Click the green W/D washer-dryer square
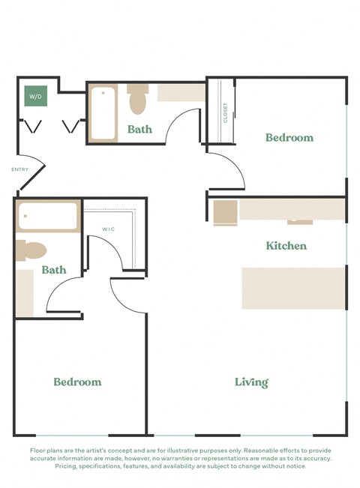click(34, 97)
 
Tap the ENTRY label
click(20, 170)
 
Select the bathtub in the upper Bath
click(103, 113)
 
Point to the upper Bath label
click(139, 129)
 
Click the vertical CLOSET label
click(226, 112)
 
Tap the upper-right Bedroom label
click(289, 138)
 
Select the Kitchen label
click(286, 246)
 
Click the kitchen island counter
click(293, 288)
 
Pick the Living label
click(251, 382)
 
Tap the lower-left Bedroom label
click(77, 382)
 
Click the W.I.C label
click(109, 229)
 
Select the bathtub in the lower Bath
click(48, 216)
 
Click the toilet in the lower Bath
click(32, 250)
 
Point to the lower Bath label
click(54, 270)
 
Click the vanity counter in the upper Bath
click(181, 93)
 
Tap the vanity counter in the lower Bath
click(25, 292)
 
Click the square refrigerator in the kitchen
click(225, 212)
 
